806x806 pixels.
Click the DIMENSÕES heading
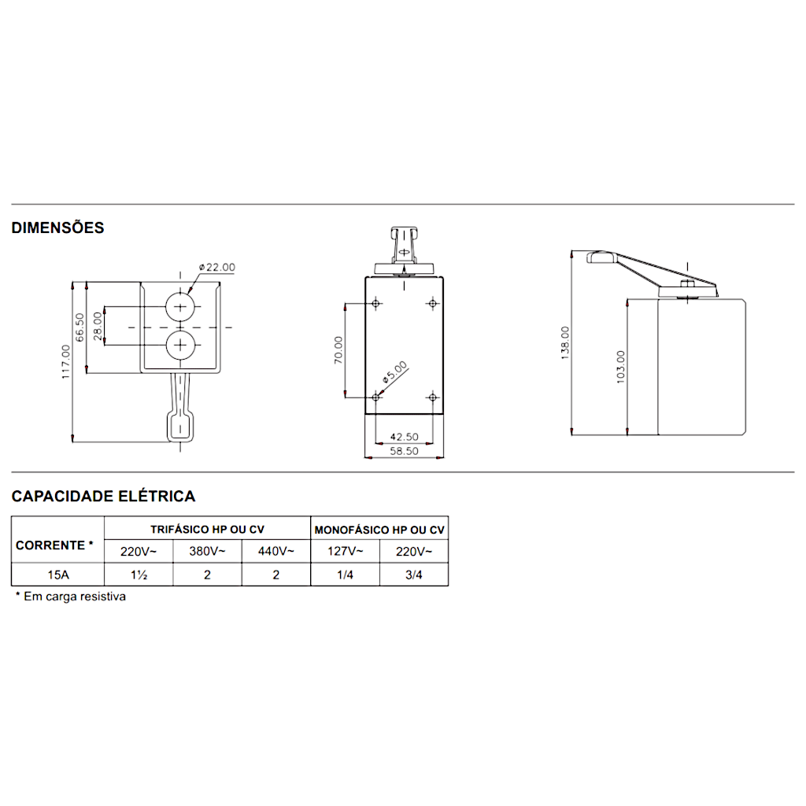click(57, 227)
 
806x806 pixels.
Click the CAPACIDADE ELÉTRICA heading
click(103, 496)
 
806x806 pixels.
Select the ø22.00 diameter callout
click(217, 268)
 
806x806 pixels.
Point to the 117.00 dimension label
click(65, 362)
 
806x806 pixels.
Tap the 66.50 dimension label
click(79, 327)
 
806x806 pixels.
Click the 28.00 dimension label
click(98, 326)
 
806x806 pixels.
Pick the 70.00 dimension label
click(338, 350)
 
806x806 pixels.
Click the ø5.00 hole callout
click(395, 372)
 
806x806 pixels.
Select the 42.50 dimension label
click(404, 437)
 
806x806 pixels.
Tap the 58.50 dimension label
click(404, 451)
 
